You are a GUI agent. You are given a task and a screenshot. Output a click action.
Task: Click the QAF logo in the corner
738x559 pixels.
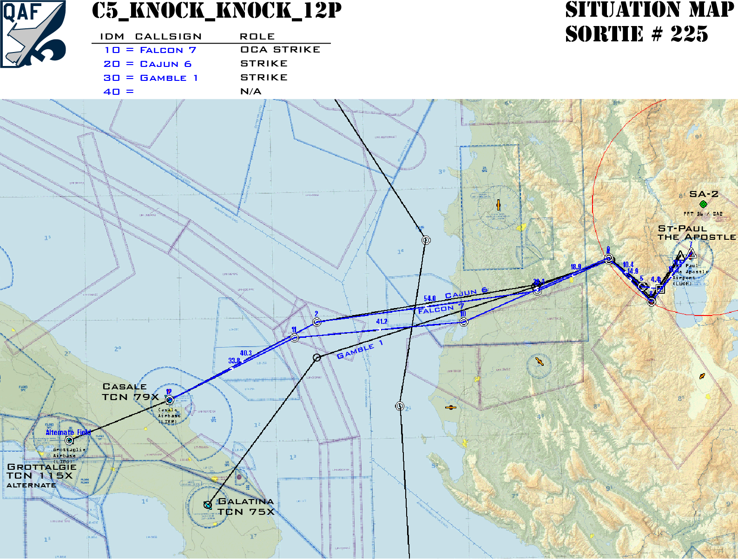tap(33, 33)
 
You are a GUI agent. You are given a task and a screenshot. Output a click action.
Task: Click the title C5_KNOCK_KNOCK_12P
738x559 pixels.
tap(217, 11)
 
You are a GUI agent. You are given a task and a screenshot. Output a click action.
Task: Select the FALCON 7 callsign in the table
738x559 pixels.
tap(168, 50)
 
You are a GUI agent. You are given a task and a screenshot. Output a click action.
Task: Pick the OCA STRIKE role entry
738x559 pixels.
tap(280, 50)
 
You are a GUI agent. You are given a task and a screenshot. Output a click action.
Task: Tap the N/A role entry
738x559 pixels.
tap(250, 92)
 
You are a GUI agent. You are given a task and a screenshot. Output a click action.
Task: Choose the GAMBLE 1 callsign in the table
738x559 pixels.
tap(169, 78)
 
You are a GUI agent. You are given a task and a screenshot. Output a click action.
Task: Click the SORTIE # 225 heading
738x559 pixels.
tap(636, 34)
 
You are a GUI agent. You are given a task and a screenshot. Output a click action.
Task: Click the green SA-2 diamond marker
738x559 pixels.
tap(703, 204)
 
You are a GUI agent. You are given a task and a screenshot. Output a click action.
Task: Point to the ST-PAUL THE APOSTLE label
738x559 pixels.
tap(696, 233)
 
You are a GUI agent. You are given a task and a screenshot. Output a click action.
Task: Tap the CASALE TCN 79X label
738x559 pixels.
tap(130, 392)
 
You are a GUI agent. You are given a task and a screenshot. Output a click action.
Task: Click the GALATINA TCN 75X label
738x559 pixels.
tap(246, 506)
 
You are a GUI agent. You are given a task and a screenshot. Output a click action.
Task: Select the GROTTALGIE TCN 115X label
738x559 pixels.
tap(41, 471)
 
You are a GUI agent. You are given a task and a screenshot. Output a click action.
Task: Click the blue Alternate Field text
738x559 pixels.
tap(68, 432)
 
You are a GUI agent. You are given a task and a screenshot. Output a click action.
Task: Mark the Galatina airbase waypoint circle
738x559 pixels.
tap(208, 505)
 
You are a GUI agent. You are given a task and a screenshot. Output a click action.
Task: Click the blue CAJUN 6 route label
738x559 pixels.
tap(466, 293)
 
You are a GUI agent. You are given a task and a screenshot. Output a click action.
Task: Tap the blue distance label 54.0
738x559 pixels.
tap(430, 298)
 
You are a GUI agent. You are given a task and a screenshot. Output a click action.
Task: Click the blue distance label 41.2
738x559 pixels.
tap(382, 322)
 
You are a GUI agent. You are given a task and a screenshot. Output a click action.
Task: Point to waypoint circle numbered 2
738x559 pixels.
tap(316, 322)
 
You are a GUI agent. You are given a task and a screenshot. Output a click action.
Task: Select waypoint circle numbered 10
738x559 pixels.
tap(463, 322)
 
